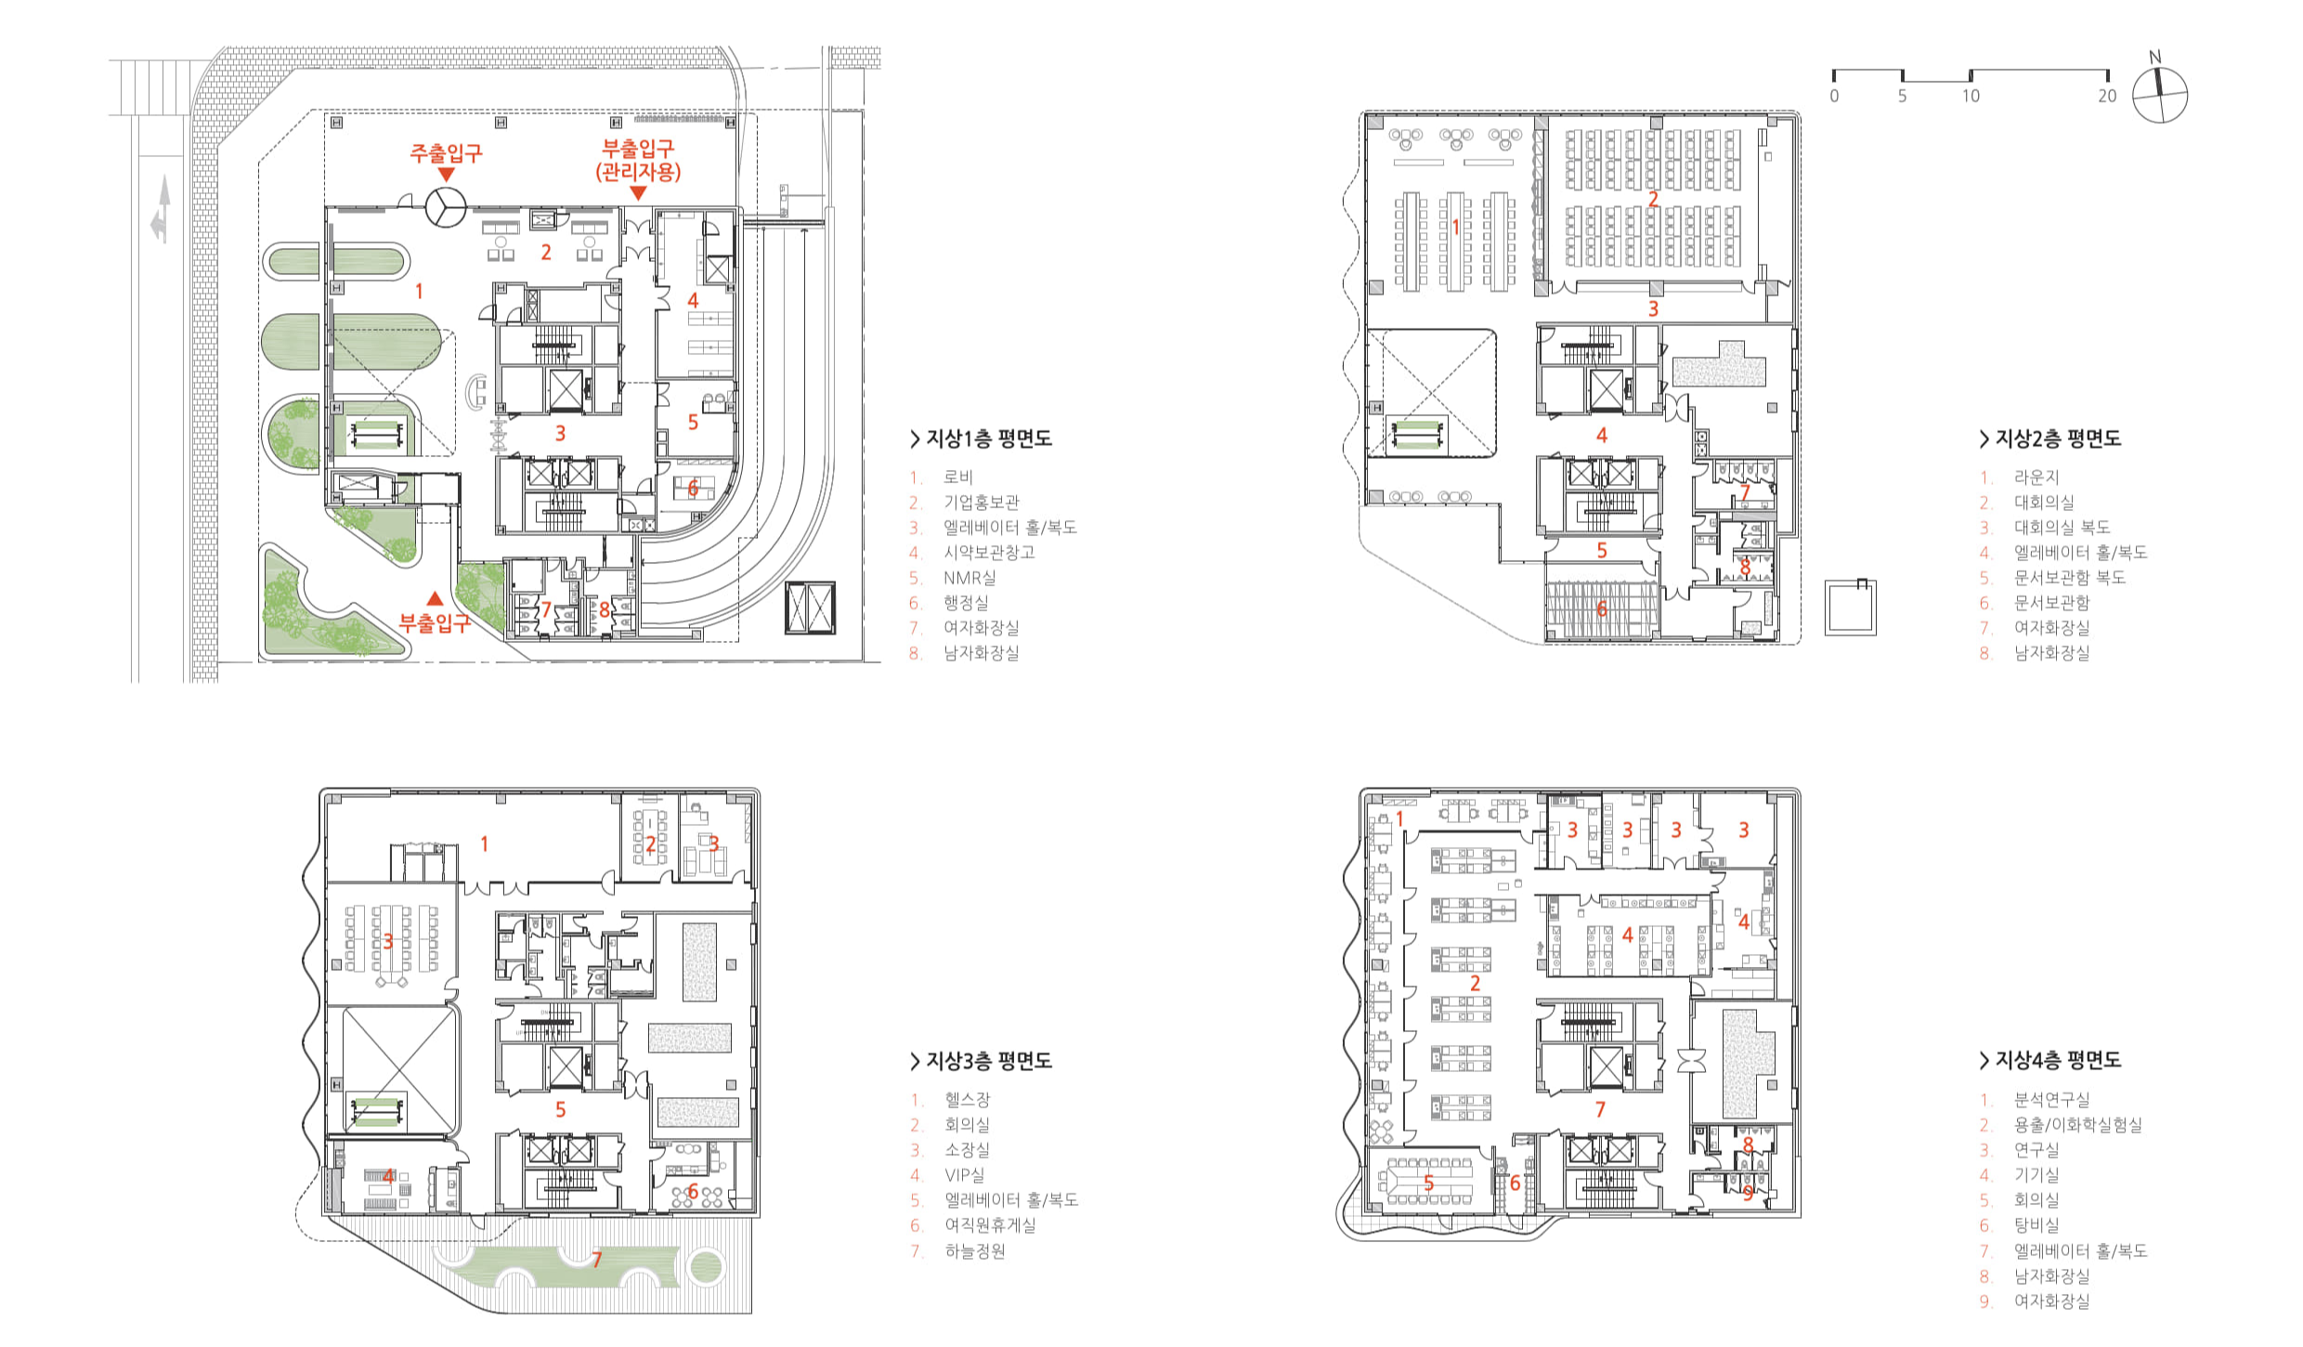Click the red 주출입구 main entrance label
pos(446,153)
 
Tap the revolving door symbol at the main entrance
pos(446,207)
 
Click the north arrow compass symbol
pos(2159,93)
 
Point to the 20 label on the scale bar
pos(2107,96)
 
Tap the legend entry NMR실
pos(969,578)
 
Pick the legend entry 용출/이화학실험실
pos(2078,1125)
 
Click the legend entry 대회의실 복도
pos(2062,528)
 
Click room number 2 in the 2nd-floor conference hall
pos(1653,199)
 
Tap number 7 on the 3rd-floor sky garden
pos(597,1260)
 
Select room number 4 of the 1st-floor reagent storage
pos(693,300)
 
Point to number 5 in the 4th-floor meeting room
pos(1429,1184)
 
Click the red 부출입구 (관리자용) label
pos(638,160)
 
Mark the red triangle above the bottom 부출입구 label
pos(435,598)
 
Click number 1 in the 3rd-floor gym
pos(484,844)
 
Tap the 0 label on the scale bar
pos(1834,96)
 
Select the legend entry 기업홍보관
pos(982,503)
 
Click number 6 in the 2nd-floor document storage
pos(1602,608)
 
